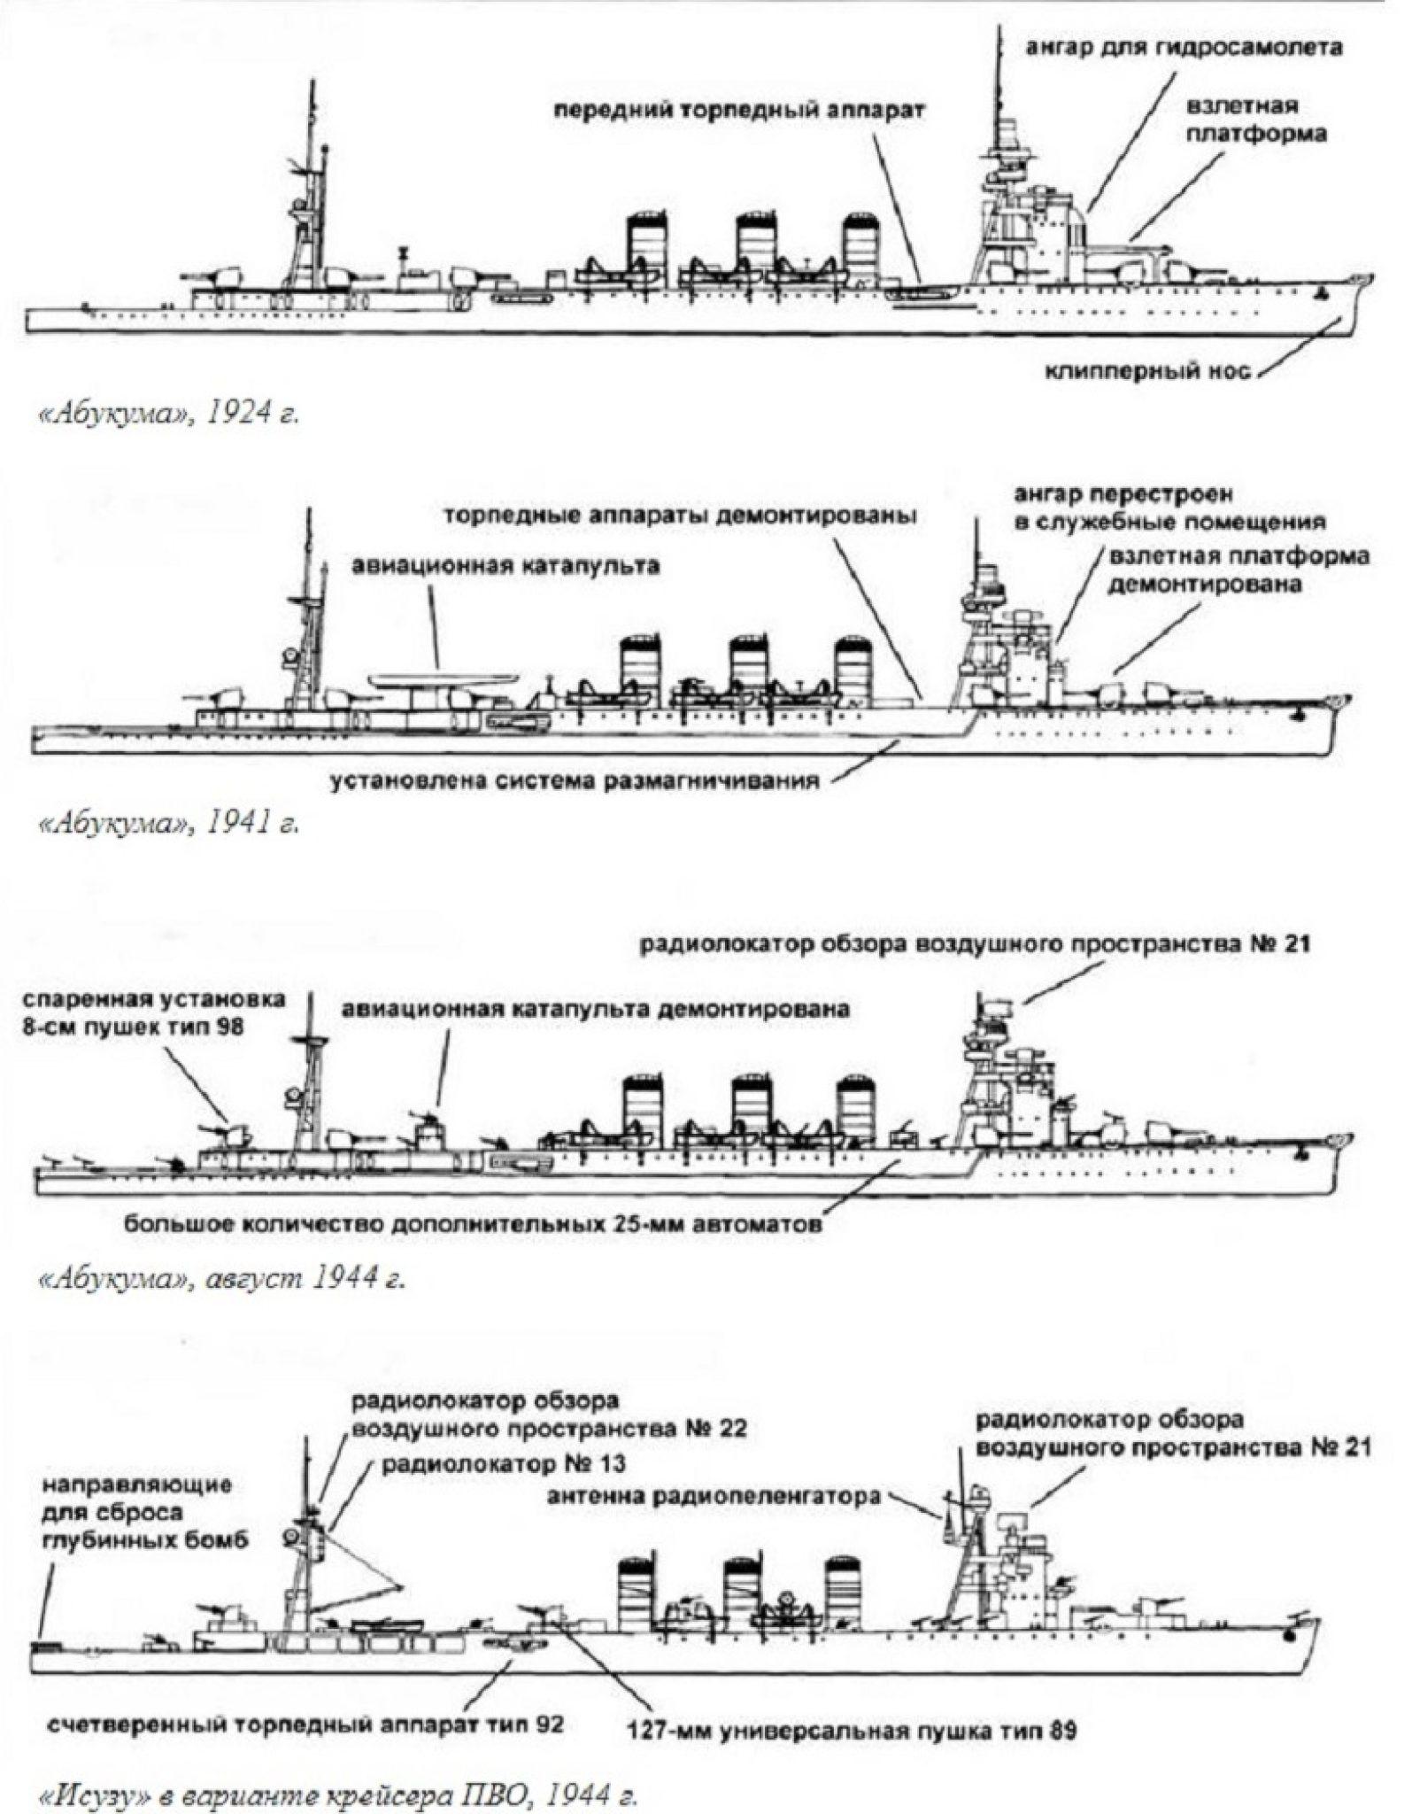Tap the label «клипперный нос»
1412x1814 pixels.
(1148, 372)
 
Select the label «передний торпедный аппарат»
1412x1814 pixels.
(739, 112)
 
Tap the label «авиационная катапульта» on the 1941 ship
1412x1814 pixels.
(505, 566)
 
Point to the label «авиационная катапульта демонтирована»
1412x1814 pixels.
(595, 1009)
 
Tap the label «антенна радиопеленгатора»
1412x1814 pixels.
(714, 1497)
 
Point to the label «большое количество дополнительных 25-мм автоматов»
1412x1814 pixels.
(474, 1226)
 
